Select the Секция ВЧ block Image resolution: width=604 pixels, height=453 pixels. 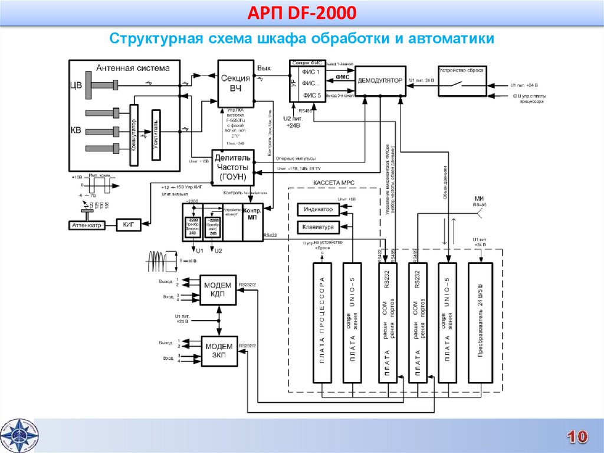pos(235,83)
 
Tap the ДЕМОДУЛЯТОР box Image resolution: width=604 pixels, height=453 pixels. pos(380,81)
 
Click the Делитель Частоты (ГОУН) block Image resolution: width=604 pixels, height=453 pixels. pos(233,167)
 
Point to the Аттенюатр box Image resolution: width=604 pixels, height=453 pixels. pos(87,225)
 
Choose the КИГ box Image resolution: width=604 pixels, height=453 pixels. pos(129,225)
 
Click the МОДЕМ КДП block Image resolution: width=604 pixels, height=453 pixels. pos(218,289)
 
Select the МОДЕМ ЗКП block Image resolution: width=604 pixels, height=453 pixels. pos(218,351)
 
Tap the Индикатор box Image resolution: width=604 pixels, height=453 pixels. pos(318,210)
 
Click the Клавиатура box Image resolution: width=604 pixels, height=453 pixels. pos(318,227)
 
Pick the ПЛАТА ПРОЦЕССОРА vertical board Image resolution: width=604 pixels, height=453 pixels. pos(322,323)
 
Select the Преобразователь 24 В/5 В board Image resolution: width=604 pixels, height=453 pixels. pos(480,323)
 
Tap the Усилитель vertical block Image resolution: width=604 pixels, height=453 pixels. pos(156,135)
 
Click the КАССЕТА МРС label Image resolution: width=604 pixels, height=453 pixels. pos(334,183)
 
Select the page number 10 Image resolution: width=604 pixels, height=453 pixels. pos(577,436)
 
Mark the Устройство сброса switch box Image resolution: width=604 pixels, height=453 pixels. pos(462,82)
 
